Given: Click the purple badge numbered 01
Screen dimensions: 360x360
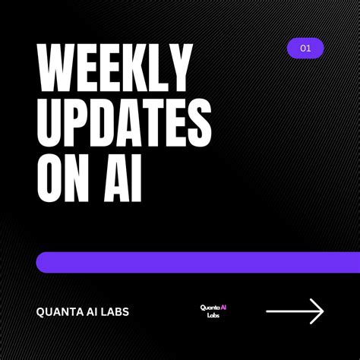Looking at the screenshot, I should tap(305, 49).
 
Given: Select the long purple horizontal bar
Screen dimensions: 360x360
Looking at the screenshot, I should tap(197, 262).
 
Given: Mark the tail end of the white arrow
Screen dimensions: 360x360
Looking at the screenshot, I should tap(268, 311).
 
